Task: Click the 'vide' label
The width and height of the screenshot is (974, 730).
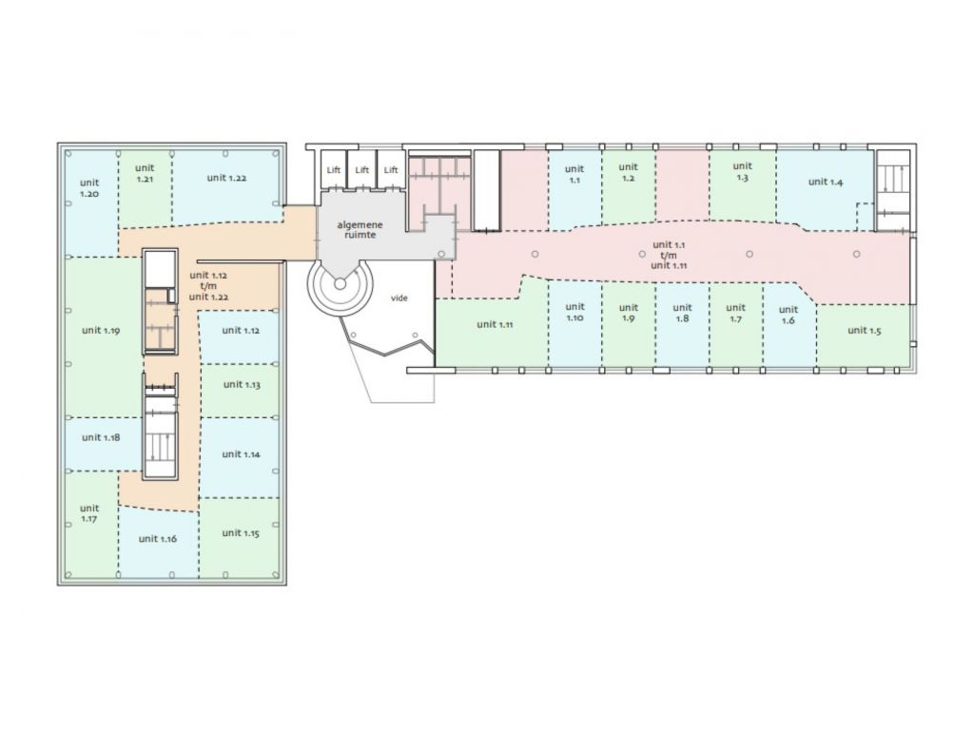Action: point(399,298)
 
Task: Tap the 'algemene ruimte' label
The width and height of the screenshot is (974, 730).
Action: point(360,230)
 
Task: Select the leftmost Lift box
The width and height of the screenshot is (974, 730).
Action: point(334,169)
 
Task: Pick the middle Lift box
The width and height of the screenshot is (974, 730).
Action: point(362,169)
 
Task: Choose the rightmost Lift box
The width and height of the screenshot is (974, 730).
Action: point(391,169)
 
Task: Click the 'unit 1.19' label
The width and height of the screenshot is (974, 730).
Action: point(101,330)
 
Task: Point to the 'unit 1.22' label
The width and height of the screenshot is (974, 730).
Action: point(226,178)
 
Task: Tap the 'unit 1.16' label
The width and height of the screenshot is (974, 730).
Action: point(158,538)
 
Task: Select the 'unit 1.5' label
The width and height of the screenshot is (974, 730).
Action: point(864,330)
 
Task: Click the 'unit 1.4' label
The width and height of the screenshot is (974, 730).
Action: point(826,182)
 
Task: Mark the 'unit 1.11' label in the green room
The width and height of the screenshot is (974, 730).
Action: point(495,324)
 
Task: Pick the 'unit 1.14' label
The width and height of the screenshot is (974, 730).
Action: point(241,453)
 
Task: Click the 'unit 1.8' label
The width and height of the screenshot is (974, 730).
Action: point(682,312)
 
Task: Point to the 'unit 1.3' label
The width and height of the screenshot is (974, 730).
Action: point(742,171)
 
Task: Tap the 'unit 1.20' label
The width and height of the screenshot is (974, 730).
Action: point(89,187)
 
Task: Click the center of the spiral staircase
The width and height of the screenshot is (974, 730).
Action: point(340,283)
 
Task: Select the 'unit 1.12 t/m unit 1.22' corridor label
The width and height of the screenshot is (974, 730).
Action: point(208,285)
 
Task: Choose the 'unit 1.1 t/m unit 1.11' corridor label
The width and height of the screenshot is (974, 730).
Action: point(669,255)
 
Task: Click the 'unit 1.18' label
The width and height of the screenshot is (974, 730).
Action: point(101,437)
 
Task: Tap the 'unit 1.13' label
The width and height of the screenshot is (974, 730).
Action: point(242,384)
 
